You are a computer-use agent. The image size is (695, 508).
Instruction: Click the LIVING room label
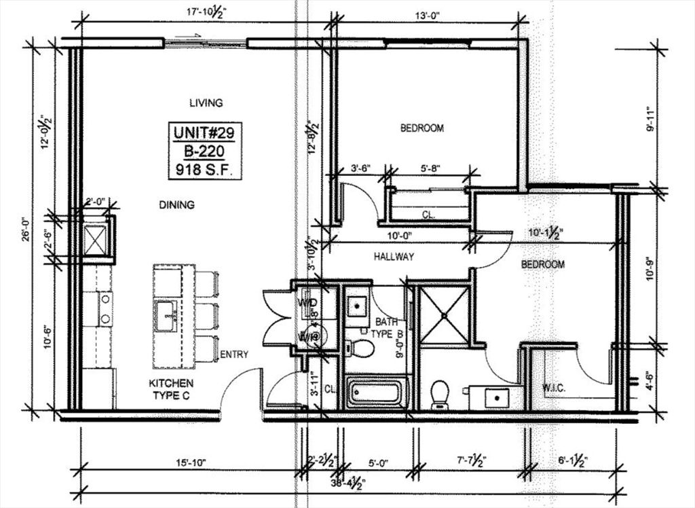206,103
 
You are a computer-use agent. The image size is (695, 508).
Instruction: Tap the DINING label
176,204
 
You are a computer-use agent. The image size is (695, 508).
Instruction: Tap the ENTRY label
234,355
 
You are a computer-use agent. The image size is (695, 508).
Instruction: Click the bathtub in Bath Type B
377,393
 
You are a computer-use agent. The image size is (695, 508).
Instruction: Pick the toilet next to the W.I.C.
440,395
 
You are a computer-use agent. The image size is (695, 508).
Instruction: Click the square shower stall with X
443,314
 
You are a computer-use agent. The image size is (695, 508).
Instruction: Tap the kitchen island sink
166,316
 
